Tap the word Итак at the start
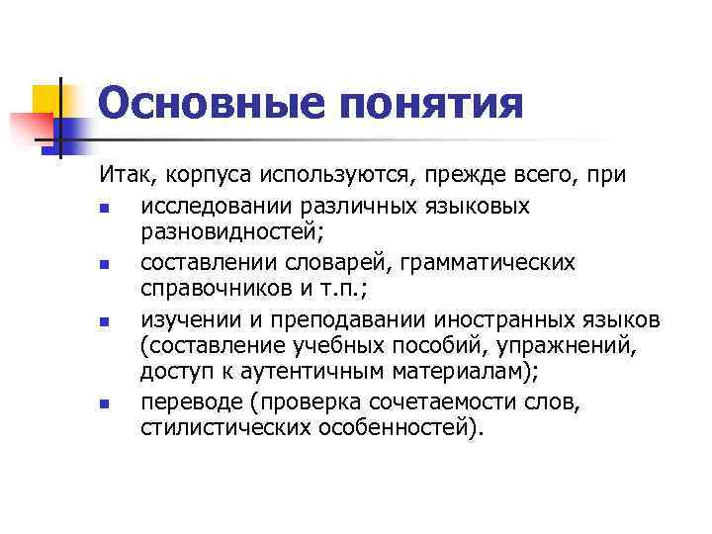click(124, 177)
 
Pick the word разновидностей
click(226, 234)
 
